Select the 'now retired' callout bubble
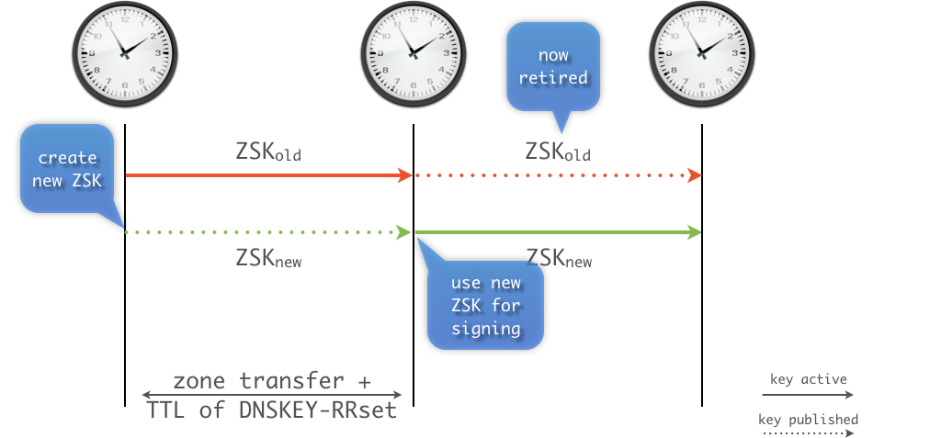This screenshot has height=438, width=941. [553, 67]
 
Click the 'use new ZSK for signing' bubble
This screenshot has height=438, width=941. [486, 305]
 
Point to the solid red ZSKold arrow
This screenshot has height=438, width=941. [266, 174]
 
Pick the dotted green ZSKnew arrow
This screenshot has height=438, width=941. [266, 232]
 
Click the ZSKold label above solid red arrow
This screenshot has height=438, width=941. [268, 152]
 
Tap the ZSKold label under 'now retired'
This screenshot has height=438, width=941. [558, 152]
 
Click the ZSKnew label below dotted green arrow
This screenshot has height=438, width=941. [268, 258]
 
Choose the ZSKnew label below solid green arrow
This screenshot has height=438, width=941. [558, 258]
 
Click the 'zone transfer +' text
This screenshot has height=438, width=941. [272, 380]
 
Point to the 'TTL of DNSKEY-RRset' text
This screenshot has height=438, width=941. [272, 410]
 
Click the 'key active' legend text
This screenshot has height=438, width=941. [809, 378]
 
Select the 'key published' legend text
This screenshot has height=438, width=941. [809, 420]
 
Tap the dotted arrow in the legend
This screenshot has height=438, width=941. [809, 434]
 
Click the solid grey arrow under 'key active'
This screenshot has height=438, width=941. [809, 394]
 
